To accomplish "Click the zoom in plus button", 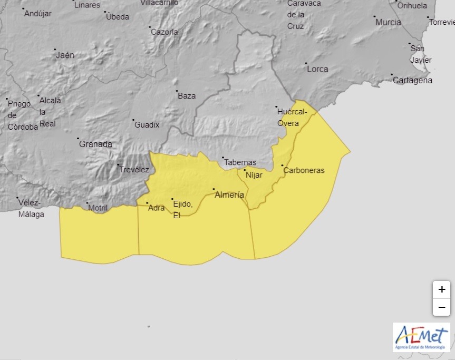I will (441, 289).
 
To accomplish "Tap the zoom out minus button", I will (441, 307).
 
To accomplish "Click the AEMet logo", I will (421, 336).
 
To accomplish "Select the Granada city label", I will (95, 144).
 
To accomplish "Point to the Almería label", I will (229, 195).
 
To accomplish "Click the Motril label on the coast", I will (98, 208).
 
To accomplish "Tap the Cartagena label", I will (412, 81).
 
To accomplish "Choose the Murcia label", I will (388, 23).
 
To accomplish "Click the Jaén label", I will (65, 55).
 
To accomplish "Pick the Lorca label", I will (317, 69).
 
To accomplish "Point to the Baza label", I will (187, 96).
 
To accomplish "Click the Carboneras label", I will (304, 170).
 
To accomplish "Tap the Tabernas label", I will (240, 162).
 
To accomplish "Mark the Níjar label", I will (254, 175).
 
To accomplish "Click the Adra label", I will (157, 208).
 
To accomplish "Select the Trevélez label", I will (134, 170).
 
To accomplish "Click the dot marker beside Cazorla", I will (150, 27).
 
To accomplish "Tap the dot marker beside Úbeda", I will (105, 12).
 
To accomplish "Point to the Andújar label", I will (38, 14).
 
